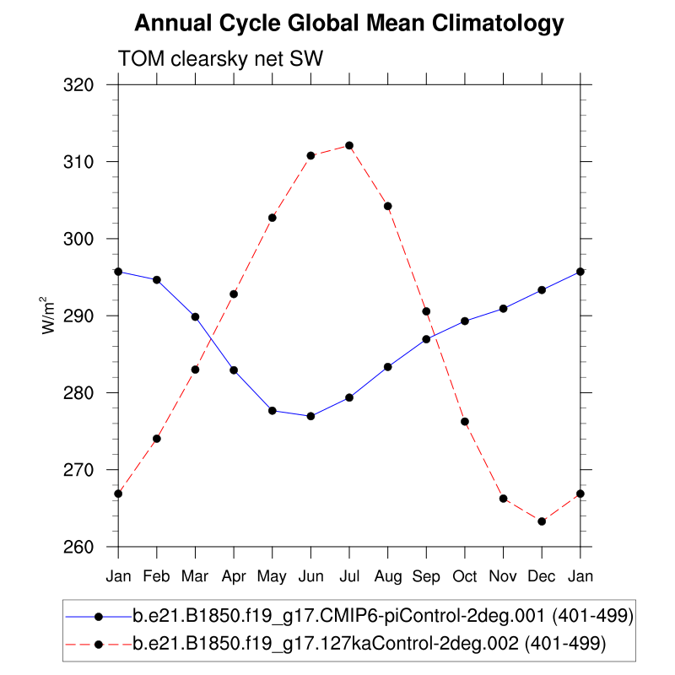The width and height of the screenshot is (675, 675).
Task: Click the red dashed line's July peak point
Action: pos(349,145)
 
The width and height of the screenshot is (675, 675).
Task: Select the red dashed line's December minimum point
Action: pos(542,521)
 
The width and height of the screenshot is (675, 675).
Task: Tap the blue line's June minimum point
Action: pos(310,416)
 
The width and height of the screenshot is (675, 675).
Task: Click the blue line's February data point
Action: pos(157,279)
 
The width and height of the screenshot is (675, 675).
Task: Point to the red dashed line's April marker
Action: pos(234,294)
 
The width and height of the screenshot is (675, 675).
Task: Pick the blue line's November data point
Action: pos(503,308)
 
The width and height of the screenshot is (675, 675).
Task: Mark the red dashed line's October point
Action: pos(465,421)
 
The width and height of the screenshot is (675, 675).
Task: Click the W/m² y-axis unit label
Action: pos(51,315)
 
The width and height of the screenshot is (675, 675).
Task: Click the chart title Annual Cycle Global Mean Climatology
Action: pos(348,24)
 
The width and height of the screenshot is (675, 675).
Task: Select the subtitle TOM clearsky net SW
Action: pos(220,58)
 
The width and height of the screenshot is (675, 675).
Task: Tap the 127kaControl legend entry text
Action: pos(369,644)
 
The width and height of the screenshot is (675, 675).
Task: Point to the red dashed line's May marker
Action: pos(273,218)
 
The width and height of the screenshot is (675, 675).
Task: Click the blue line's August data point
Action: pos(388,366)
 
